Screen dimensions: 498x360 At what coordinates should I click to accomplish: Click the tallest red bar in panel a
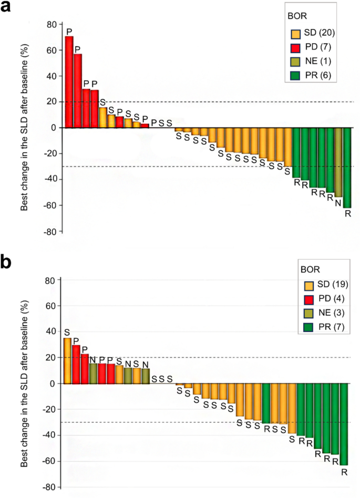click(69, 82)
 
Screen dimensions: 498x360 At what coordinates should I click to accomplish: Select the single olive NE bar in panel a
click(338, 162)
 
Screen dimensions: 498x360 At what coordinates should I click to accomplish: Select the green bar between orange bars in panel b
click(266, 403)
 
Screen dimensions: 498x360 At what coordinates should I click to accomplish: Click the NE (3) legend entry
click(322, 314)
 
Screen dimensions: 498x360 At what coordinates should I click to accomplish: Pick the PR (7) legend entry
click(322, 328)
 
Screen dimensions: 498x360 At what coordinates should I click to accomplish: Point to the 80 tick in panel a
click(52, 24)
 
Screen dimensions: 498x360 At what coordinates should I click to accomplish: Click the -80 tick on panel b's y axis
click(49, 487)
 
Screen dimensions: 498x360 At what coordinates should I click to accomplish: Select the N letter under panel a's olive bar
click(338, 202)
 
